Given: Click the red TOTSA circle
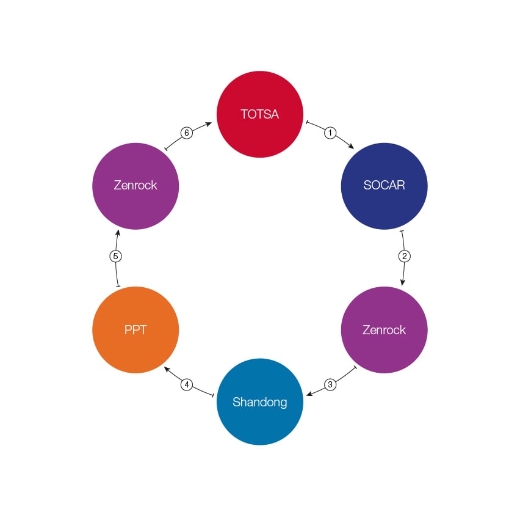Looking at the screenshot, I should coord(259,114).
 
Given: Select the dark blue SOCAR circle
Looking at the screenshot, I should coord(384,186).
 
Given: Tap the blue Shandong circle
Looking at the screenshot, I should coord(259,401).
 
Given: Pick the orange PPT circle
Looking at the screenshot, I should coord(135,330).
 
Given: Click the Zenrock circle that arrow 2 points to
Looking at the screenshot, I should coord(384,330).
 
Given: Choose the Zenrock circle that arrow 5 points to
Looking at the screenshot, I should coord(135,186).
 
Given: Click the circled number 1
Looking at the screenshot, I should coord(330,133).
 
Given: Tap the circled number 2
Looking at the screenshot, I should coord(403,256).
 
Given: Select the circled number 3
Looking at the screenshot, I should coord(330,384).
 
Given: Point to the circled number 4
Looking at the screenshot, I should coord(187,384).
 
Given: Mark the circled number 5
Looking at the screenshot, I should coord(115,256).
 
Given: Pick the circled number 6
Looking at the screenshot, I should coord(187,133).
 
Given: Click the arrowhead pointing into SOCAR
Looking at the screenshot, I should coord(350,146).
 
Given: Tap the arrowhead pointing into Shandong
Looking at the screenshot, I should coord(309,394).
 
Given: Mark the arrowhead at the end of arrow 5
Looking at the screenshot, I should coord(118,233).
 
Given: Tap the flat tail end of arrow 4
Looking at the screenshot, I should coord(212,396).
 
